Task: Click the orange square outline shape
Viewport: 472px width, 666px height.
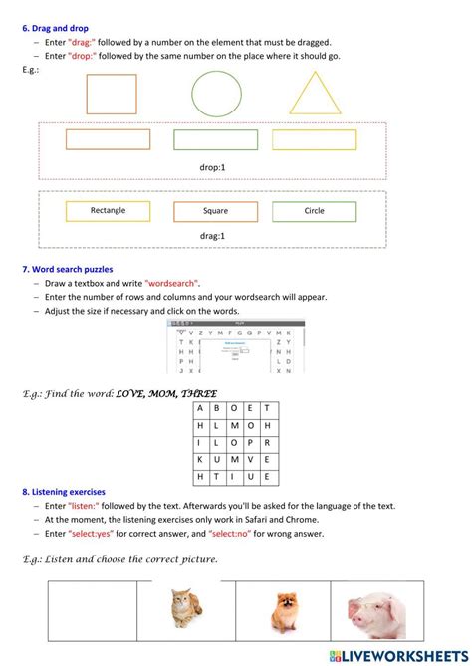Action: pyautogui.click(x=112, y=94)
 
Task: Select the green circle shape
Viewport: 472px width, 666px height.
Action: pyautogui.click(x=216, y=94)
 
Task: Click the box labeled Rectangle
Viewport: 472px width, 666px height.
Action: pyautogui.click(x=108, y=211)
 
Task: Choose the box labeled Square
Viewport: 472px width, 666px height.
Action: pyautogui.click(x=215, y=211)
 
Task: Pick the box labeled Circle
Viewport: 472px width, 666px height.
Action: pyautogui.click(x=314, y=211)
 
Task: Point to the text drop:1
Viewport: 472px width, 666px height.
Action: pyautogui.click(x=212, y=169)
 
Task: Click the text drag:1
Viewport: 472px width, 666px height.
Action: pyautogui.click(x=212, y=236)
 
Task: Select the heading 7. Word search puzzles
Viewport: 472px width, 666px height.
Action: pyautogui.click(x=67, y=269)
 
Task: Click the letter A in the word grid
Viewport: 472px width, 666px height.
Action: pyautogui.click(x=199, y=408)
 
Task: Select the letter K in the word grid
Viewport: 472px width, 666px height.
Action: pyautogui.click(x=199, y=459)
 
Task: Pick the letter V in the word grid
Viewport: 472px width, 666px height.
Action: pyautogui.click(x=250, y=459)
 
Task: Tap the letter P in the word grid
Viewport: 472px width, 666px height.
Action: pyautogui.click(x=250, y=442)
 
